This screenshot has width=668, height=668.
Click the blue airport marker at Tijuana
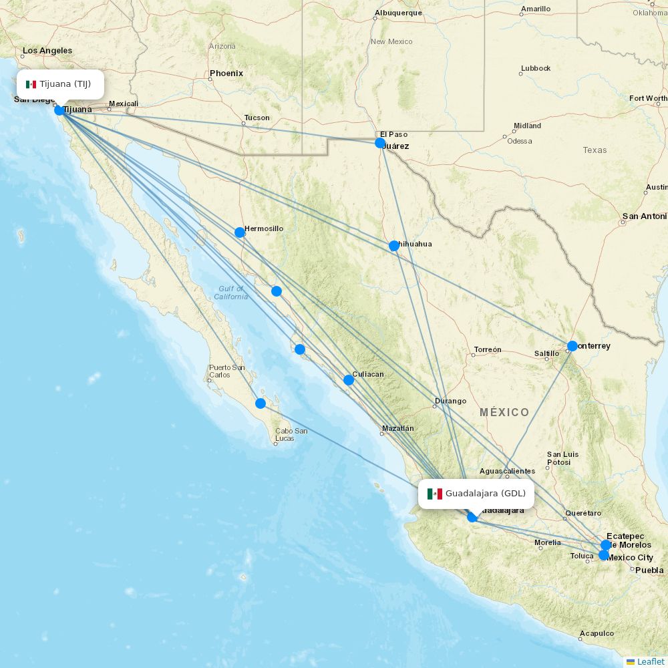click(59, 110)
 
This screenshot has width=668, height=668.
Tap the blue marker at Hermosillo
click(240, 232)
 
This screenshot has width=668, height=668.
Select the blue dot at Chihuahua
click(394, 246)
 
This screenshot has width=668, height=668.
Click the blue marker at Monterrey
click(572, 346)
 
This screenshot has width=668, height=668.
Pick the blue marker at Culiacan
click(349, 380)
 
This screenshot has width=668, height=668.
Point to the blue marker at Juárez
click(380, 143)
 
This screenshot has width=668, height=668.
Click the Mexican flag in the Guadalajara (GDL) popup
click(435, 494)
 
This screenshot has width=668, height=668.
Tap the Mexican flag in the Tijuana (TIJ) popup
click(31, 84)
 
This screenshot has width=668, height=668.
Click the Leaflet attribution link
click(650, 661)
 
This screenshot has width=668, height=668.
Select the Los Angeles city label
click(47, 51)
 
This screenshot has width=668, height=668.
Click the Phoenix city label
click(226, 73)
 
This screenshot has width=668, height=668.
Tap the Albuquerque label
click(398, 13)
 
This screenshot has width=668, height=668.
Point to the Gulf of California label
click(231, 293)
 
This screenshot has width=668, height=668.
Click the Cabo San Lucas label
click(291, 434)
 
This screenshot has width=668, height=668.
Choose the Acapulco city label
click(597, 633)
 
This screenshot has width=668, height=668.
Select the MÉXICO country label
click(504, 412)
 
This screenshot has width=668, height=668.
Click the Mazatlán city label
click(398, 428)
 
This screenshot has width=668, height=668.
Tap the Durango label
click(450, 401)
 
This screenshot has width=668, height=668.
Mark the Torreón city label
click(488, 350)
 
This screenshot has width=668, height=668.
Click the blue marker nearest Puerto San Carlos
click(261, 403)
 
